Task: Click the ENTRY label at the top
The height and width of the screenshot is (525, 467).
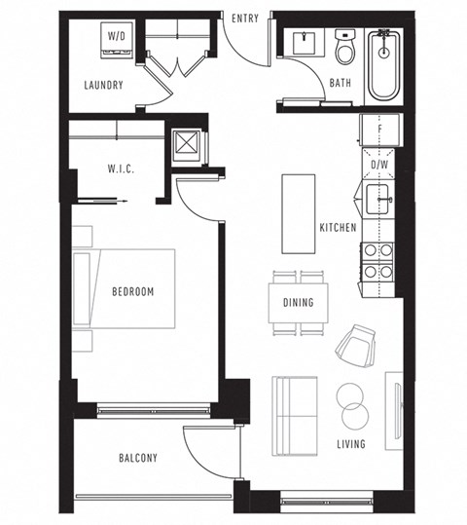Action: (245, 19)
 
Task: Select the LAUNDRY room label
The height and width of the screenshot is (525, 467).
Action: (103, 85)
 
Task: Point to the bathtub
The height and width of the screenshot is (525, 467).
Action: (384, 64)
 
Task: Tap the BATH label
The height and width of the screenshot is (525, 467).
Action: (341, 84)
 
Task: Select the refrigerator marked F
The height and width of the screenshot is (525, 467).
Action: (378, 130)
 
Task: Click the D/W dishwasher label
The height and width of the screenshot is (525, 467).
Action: (378, 165)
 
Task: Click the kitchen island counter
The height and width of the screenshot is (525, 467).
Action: (299, 213)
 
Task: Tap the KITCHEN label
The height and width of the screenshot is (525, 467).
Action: (338, 228)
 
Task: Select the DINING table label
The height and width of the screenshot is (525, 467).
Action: (299, 303)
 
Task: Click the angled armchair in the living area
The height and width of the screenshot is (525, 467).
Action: (356, 343)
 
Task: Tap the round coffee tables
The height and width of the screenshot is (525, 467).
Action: (351, 406)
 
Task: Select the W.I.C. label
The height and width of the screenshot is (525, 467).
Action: (121, 169)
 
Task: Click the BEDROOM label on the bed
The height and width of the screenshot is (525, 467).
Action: (132, 291)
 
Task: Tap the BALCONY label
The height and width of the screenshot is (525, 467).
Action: (138, 458)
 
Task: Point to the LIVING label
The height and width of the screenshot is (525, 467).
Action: (350, 445)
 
